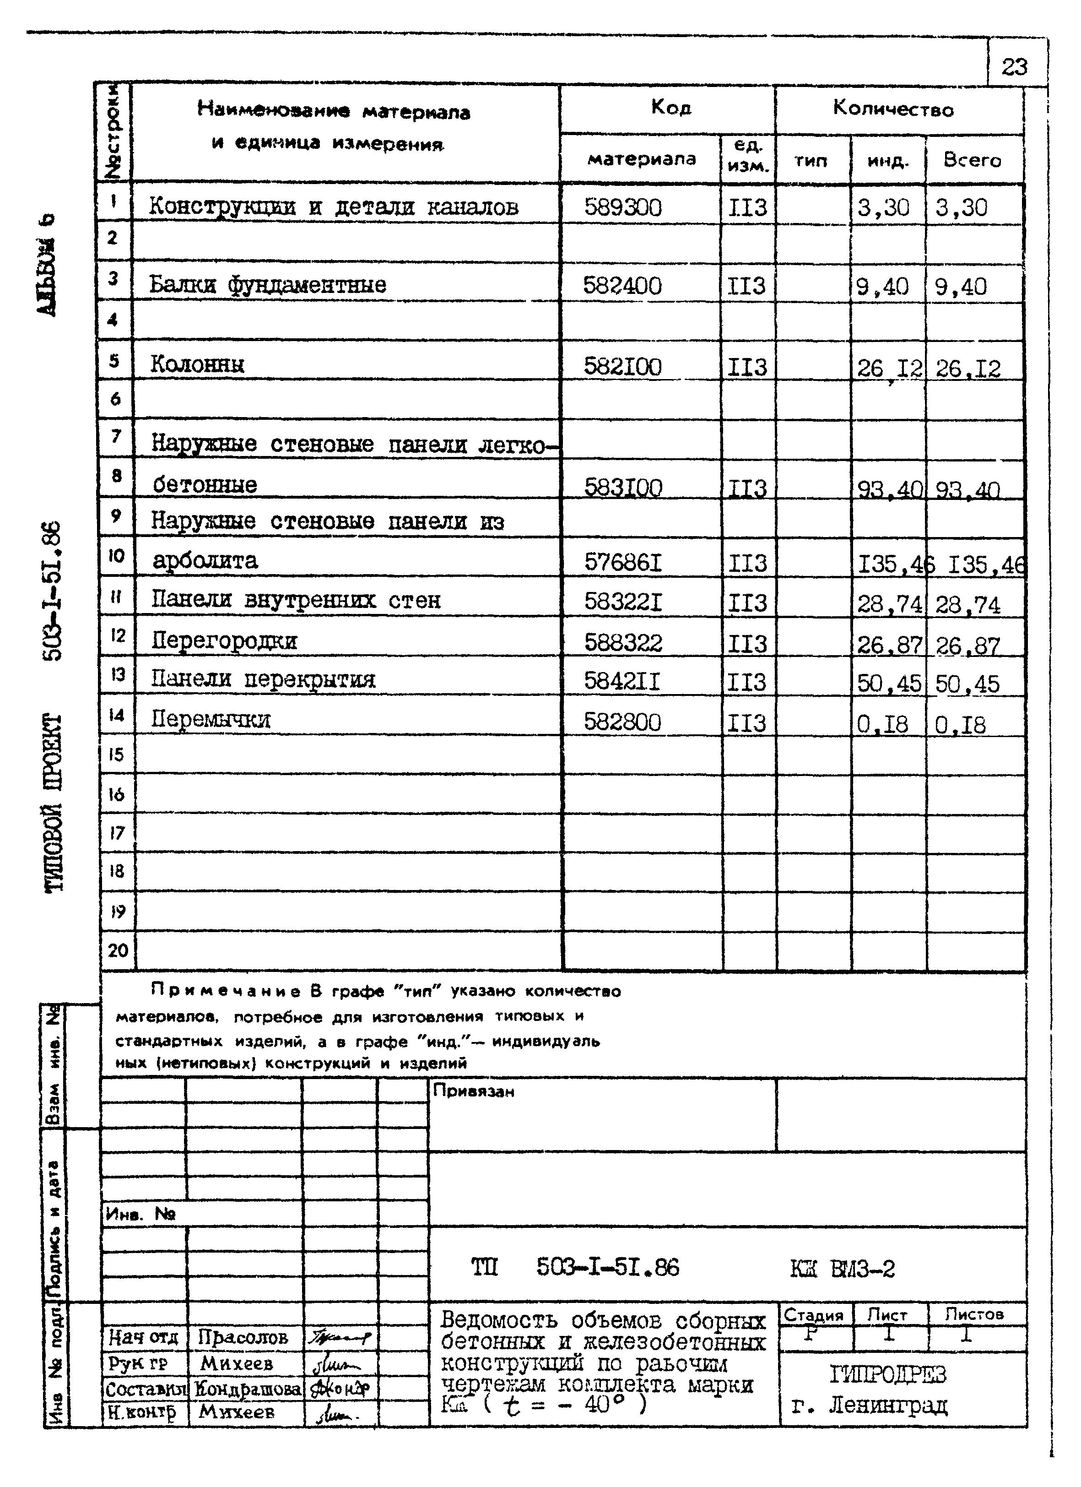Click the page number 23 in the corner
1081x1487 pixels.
[x=1014, y=67]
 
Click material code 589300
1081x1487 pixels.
[x=623, y=208]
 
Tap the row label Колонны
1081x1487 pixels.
[x=197, y=364]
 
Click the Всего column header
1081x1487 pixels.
[x=972, y=160]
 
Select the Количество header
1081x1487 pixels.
[x=893, y=109]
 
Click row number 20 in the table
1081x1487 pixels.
[x=118, y=950]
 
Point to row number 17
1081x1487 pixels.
[x=117, y=833]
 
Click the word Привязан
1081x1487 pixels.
[x=473, y=1091]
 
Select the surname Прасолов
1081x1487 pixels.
[x=243, y=1337]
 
